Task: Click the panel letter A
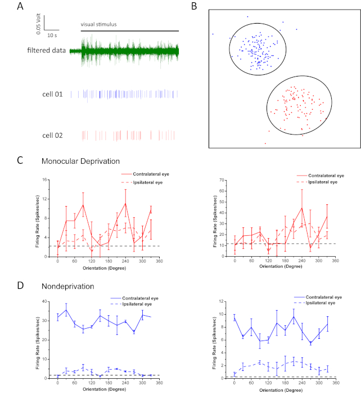[21, 7]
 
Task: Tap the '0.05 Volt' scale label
[39, 21]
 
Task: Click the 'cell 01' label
[52, 93]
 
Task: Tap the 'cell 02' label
[52, 135]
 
